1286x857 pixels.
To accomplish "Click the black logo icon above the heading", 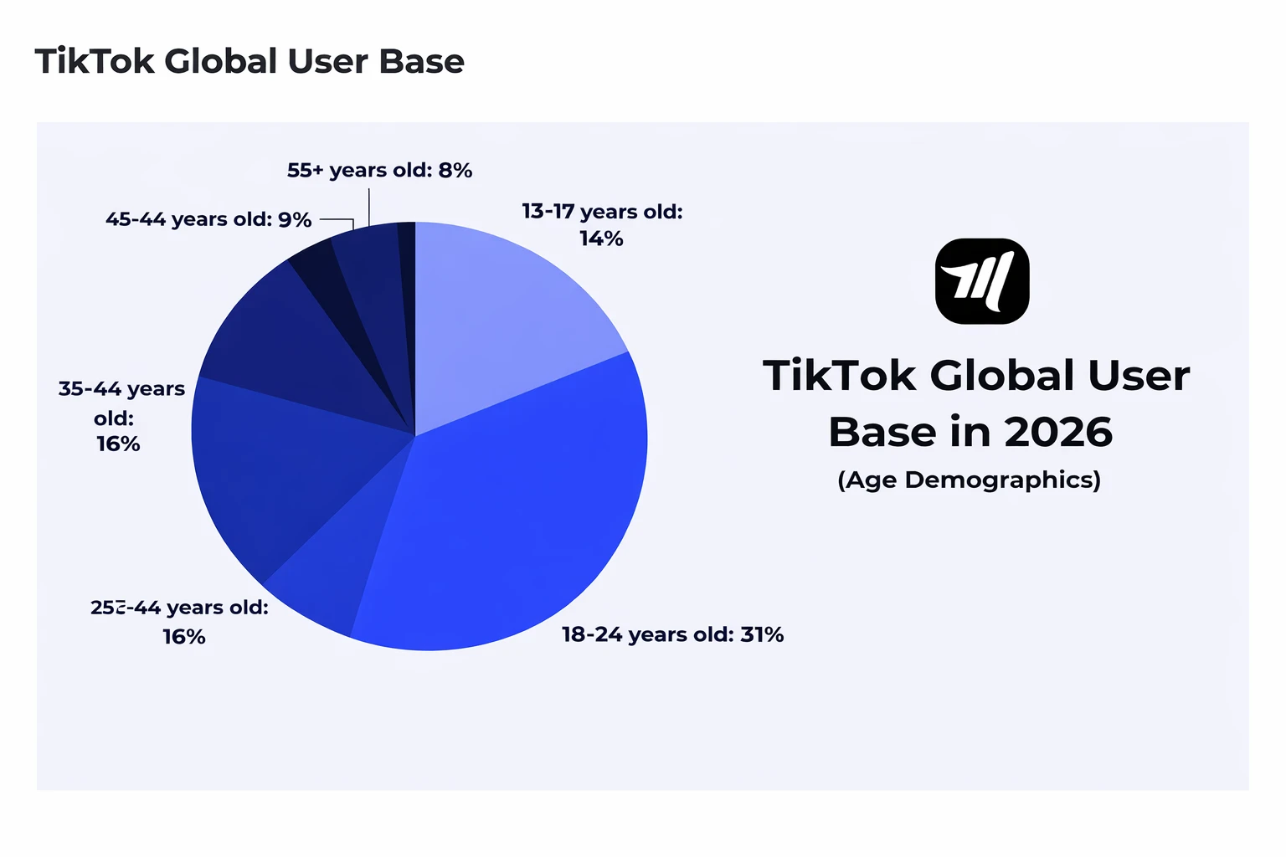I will click(x=981, y=281).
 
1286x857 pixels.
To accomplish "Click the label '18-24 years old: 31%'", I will click(x=672, y=634).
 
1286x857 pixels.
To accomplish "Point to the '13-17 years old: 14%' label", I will click(x=602, y=225).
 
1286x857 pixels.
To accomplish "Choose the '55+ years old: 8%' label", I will click(x=379, y=171).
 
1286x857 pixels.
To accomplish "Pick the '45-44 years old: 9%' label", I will click(x=208, y=220).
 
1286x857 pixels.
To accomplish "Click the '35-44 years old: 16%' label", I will click(x=121, y=416).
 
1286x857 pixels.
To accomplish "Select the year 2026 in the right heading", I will click(x=1058, y=432).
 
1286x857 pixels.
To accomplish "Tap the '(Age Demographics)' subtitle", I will click(x=969, y=480).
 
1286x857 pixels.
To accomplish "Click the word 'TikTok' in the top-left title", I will click(x=95, y=62).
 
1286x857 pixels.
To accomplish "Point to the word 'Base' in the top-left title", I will click(x=421, y=62).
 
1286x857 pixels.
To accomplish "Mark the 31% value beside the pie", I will click(x=762, y=634).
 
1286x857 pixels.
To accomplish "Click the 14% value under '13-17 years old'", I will click(x=601, y=239).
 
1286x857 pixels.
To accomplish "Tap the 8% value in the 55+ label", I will click(x=455, y=171).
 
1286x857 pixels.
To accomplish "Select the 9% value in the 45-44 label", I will click(x=295, y=220).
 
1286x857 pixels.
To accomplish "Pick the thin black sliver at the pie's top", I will click(x=407, y=251).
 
